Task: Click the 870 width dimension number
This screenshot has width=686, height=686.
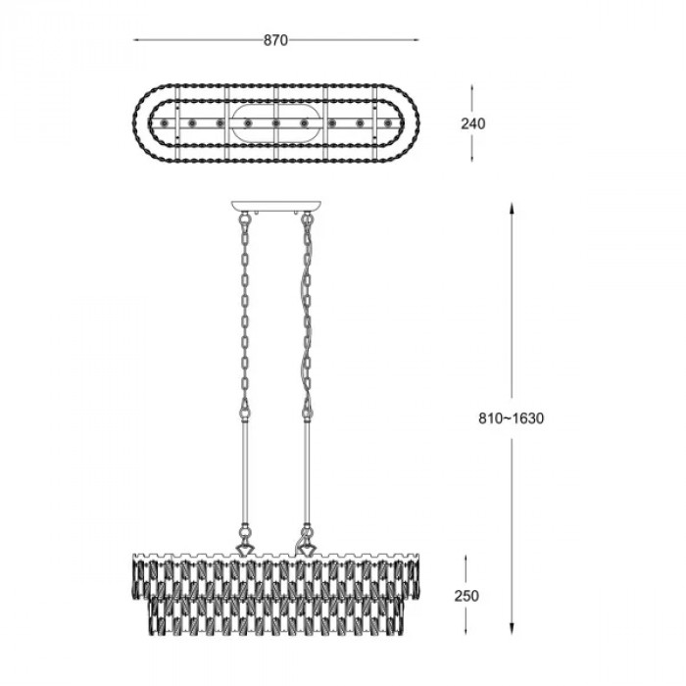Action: tap(275, 40)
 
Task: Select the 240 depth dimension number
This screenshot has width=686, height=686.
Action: tap(473, 123)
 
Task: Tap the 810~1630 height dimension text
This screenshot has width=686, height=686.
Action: tap(511, 418)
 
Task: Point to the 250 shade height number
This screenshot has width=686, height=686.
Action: tap(466, 596)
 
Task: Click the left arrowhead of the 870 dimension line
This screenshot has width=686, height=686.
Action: tap(136, 40)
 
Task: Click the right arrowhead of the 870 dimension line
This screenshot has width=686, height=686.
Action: tap(416, 40)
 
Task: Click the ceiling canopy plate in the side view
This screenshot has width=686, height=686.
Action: tap(275, 206)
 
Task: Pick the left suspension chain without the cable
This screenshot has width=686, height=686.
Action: tap(245, 313)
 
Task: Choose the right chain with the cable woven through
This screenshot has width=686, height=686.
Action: tap(307, 313)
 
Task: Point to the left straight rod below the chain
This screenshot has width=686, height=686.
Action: tap(245, 470)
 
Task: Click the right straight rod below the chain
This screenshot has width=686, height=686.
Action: tap(307, 470)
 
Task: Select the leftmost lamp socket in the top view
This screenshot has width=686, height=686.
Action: tap(164, 123)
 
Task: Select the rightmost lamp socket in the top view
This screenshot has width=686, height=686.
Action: tap(388, 123)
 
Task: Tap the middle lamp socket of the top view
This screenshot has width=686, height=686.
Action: tap(275, 123)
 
